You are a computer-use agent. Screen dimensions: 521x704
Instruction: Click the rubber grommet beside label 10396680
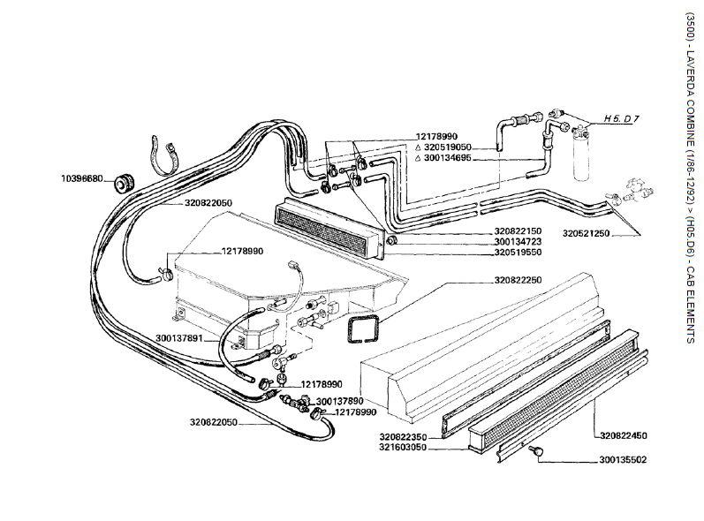tap(122, 182)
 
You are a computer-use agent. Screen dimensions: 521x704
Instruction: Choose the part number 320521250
tap(587, 232)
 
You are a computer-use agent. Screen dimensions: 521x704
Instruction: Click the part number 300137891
tap(179, 337)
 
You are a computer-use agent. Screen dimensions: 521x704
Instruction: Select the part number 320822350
tap(404, 437)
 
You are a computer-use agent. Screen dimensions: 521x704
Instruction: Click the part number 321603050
tap(404, 448)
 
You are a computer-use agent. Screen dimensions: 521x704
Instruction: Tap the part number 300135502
tap(623, 459)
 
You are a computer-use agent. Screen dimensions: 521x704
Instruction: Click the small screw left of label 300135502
tap(535, 452)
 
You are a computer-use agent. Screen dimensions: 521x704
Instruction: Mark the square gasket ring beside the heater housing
tap(363, 328)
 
